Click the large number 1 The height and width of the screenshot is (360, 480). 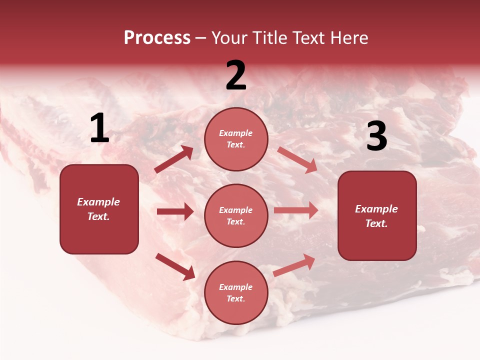coord(99,129)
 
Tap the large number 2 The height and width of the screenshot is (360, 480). coord(236,75)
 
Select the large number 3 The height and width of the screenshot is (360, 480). coord(376,136)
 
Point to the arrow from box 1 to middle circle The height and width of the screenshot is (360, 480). coord(175,211)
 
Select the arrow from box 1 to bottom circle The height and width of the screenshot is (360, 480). coord(175,266)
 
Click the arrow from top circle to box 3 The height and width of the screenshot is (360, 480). coord(297,160)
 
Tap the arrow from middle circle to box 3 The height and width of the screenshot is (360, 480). coord(296,210)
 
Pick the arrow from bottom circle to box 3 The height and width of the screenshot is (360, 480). coord(294,265)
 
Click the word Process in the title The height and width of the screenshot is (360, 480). coord(157,38)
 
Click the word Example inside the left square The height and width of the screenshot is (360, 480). coord(98,202)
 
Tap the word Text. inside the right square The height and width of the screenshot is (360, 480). coord(376,223)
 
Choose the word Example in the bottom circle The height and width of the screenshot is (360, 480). coord(235,287)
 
